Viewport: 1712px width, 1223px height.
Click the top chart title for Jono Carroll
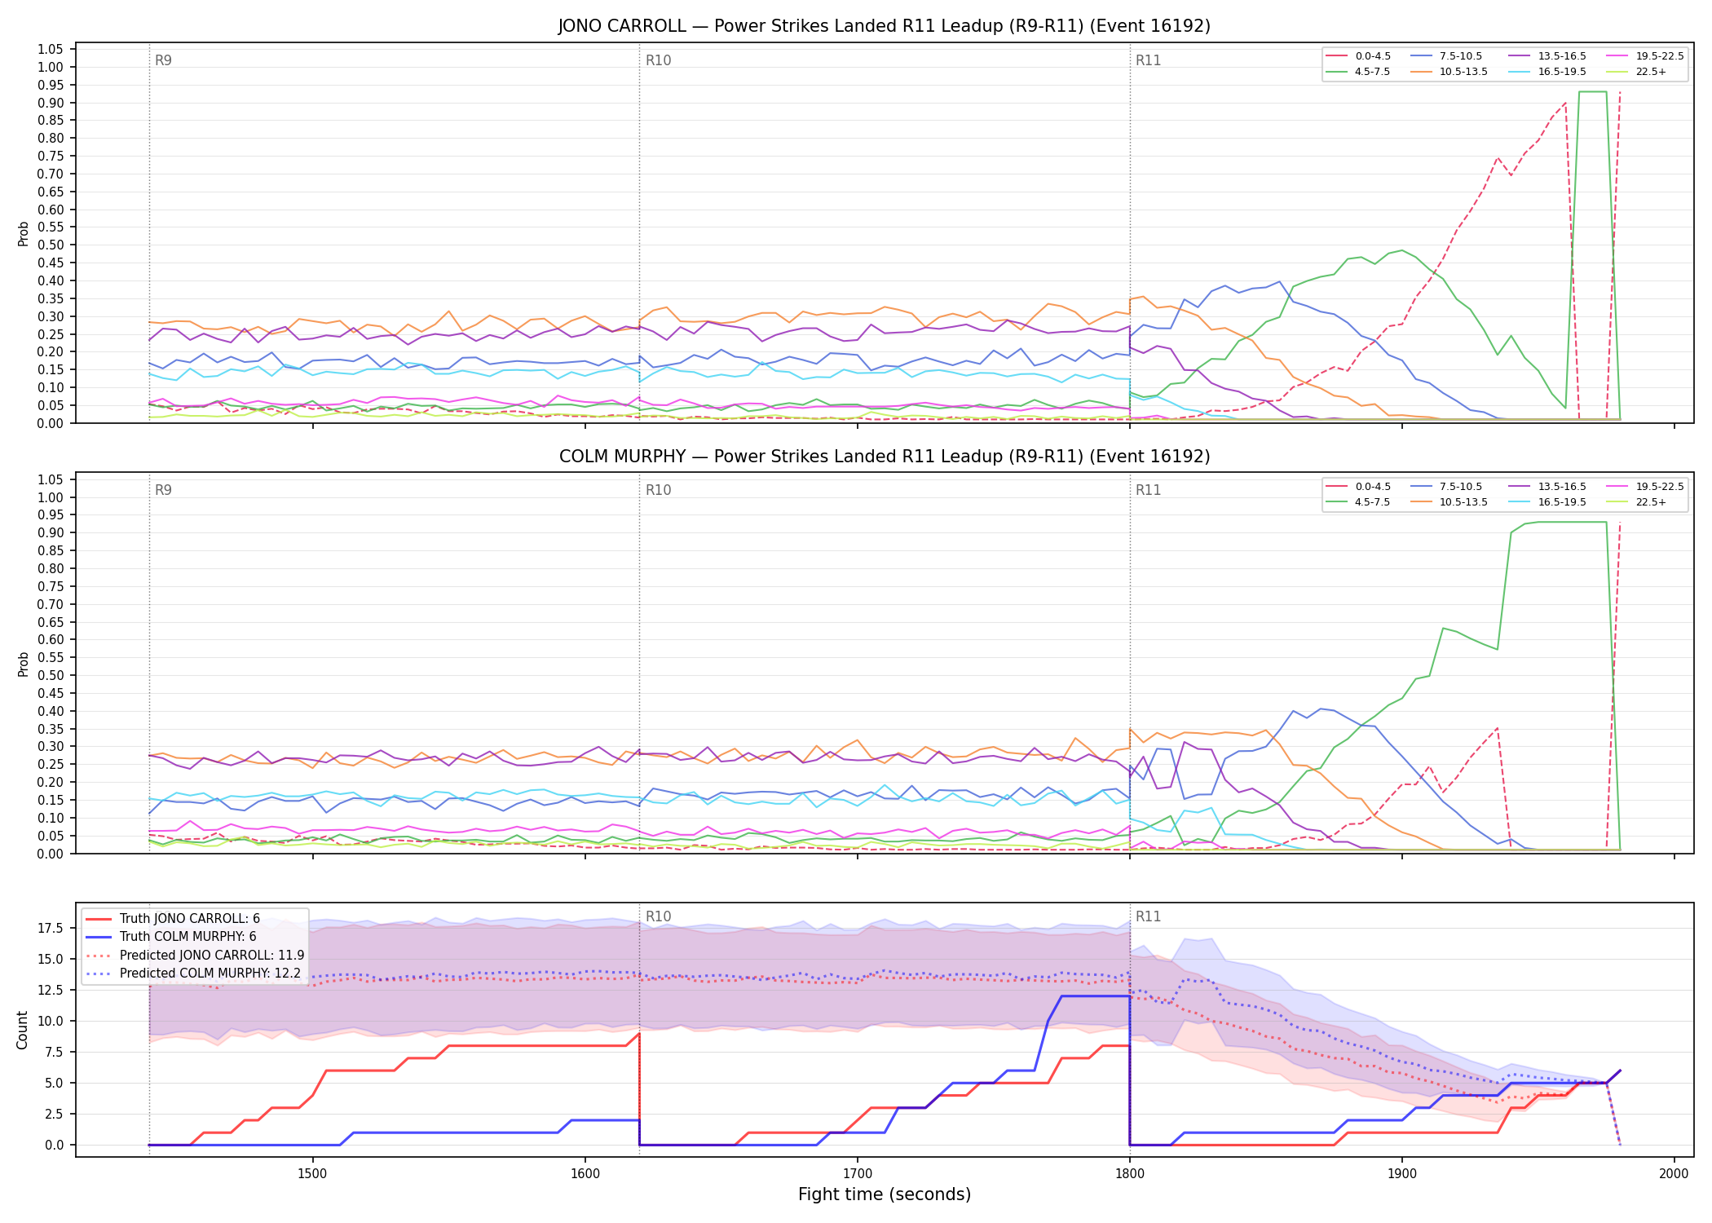885,26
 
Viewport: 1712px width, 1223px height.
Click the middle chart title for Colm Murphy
885,457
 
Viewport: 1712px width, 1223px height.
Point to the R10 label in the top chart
658,60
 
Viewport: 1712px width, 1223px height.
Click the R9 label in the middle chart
163,490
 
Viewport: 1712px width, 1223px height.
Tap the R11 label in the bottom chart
1148,916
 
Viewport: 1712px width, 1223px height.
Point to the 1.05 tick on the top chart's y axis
51,50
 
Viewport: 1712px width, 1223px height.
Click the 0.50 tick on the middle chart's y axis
51,675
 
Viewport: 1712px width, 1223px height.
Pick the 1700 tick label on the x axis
857,1173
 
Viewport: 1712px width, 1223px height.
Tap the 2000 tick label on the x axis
1674,1173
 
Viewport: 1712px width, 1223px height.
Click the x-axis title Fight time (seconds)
885,1194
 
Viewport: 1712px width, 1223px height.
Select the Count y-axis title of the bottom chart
22,1030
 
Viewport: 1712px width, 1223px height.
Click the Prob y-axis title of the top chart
23,233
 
